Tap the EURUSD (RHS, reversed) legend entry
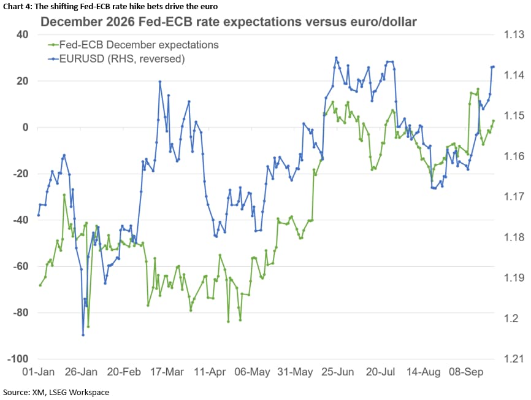click(117, 59)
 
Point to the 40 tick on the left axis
click(22, 34)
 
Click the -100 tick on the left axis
click(18, 359)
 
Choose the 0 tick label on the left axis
click(25, 128)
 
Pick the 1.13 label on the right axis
click(514, 34)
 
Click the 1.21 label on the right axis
click(514, 359)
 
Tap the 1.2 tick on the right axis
click(511, 318)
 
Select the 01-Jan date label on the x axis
click(38, 372)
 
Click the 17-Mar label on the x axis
click(167, 372)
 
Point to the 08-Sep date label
click(466, 372)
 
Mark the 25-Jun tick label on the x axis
click(338, 372)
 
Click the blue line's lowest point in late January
click(83, 335)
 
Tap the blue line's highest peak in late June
click(336, 58)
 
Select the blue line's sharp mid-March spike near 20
click(160, 82)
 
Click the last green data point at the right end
click(494, 121)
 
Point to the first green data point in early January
click(40, 285)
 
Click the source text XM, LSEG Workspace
click(71, 392)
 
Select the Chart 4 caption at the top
click(110, 6)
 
